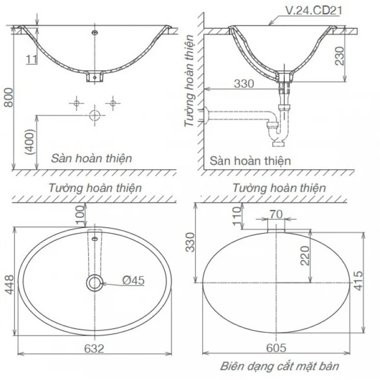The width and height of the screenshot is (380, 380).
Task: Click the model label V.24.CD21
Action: tap(314, 10)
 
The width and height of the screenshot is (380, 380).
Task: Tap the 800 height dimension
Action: tap(9, 97)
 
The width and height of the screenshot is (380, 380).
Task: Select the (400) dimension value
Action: tap(30, 142)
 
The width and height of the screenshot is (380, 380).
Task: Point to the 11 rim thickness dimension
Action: tap(31, 59)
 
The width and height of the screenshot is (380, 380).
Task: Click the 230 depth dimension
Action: tap(340, 56)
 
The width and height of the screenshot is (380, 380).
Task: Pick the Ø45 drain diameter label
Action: tap(133, 280)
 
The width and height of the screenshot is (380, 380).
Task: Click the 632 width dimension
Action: tap(94, 349)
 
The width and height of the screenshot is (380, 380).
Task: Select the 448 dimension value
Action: tap(9, 285)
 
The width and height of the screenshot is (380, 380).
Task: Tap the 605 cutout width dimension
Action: tap(276, 348)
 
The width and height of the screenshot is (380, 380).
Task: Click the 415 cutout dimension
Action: tap(359, 281)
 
